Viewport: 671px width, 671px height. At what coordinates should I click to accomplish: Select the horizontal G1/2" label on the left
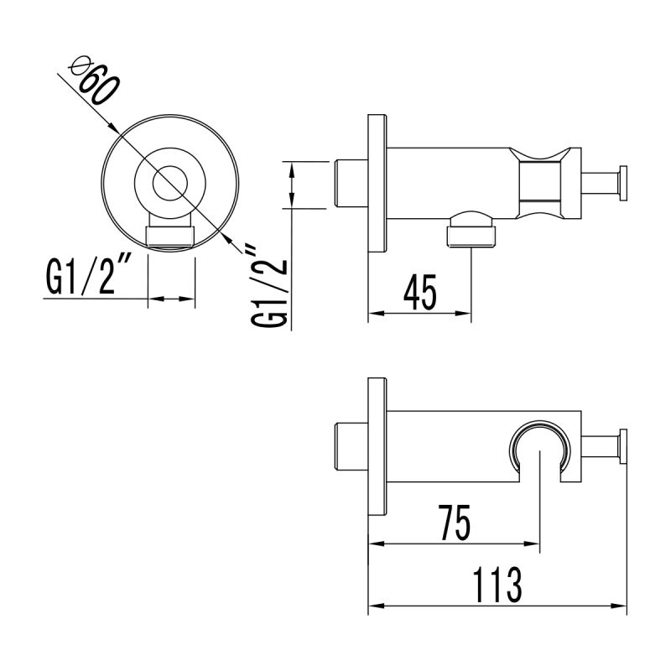tap(84, 278)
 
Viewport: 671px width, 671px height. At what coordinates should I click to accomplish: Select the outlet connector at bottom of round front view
tap(170, 234)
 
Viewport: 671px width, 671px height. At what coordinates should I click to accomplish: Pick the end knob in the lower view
tap(622, 445)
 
